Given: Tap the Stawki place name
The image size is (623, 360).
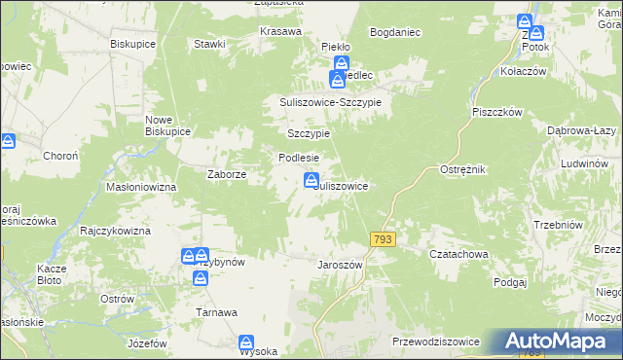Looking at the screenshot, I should click(x=209, y=44).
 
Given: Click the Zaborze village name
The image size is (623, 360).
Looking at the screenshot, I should click(x=226, y=175).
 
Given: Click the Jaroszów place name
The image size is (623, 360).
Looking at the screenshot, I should click(x=340, y=264).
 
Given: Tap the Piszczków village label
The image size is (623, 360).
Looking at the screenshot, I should click(x=498, y=111).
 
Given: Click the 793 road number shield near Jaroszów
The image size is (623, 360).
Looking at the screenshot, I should click(x=381, y=239).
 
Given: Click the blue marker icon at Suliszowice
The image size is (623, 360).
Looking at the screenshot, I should click(x=311, y=180).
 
